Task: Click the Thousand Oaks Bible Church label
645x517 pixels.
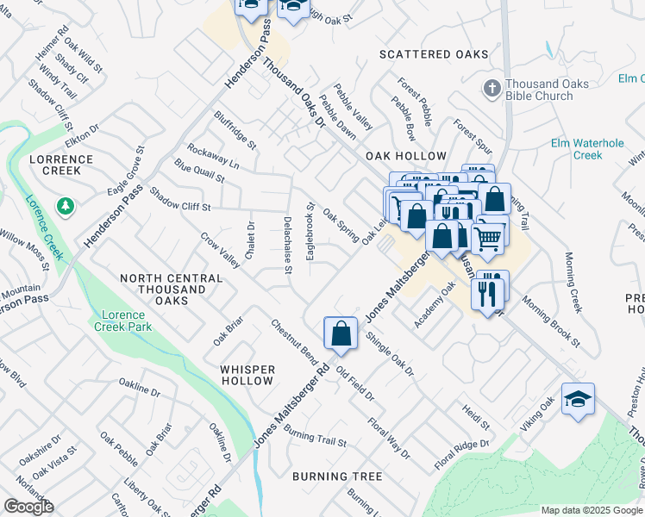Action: pyautogui.click(x=547, y=90)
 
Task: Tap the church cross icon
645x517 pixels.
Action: pyautogui.click(x=492, y=88)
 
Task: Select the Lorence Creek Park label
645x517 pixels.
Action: pyautogui.click(x=122, y=321)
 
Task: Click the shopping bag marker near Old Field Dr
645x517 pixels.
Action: pyautogui.click(x=341, y=333)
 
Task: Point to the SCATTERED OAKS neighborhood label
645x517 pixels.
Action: pyautogui.click(x=435, y=54)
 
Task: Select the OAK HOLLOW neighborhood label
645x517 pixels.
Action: pyautogui.click(x=405, y=156)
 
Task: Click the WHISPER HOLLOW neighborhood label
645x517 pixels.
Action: pyautogui.click(x=247, y=375)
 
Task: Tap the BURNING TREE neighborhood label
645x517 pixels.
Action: pyautogui.click(x=336, y=477)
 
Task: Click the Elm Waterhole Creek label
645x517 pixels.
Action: pyautogui.click(x=588, y=149)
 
